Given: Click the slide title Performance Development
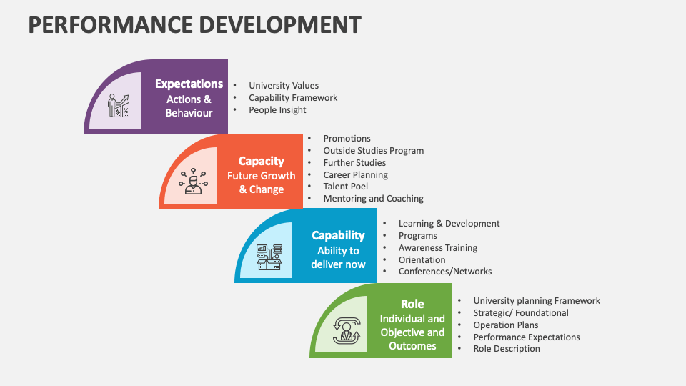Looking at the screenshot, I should pyautogui.click(x=194, y=24).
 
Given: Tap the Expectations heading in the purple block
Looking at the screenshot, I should pyautogui.click(x=189, y=84).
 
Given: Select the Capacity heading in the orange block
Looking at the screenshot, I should pyautogui.click(x=261, y=161).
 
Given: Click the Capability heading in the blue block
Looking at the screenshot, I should pyautogui.click(x=338, y=235).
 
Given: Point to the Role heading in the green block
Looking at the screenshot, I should pyautogui.click(x=412, y=304).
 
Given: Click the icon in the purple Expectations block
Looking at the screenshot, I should pyautogui.click(x=119, y=106).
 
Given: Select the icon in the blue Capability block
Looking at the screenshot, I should pyautogui.click(x=269, y=256).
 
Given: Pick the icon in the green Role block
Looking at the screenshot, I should pyautogui.click(x=347, y=330).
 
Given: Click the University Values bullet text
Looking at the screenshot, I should pyautogui.click(x=284, y=86).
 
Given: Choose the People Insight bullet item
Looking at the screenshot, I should pyautogui.click(x=277, y=110).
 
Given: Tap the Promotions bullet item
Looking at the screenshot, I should pyautogui.click(x=347, y=139).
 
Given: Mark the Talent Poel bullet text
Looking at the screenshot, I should pyautogui.click(x=345, y=187).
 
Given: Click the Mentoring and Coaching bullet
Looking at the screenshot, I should pyautogui.click(x=373, y=199).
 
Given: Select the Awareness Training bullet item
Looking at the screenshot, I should pyautogui.click(x=437, y=248).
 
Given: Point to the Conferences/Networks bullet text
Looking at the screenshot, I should pyautogui.click(x=444, y=272).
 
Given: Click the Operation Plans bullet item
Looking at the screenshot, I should pyautogui.click(x=505, y=325).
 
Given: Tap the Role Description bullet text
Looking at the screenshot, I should pyautogui.click(x=506, y=349).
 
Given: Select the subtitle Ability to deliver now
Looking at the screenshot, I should pyautogui.click(x=338, y=257).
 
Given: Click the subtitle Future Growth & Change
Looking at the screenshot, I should pyautogui.click(x=261, y=182).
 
